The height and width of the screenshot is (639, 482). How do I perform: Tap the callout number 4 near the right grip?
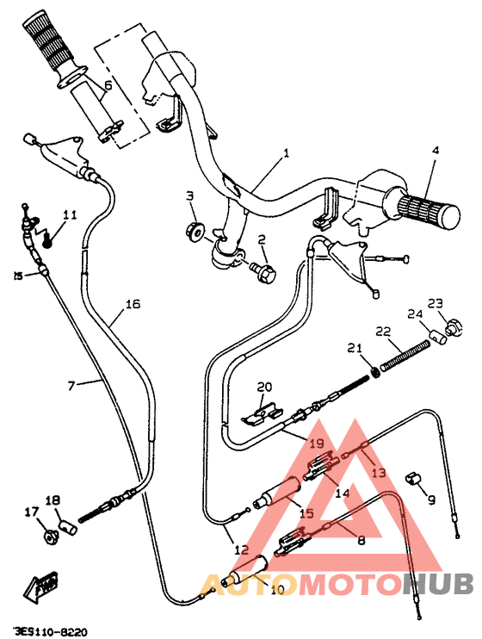tap(435, 150)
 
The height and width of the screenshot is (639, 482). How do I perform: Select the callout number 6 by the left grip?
tap(108, 85)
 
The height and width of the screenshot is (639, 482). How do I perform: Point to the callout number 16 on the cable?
tap(132, 304)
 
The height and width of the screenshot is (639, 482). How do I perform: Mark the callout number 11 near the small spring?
tap(69, 214)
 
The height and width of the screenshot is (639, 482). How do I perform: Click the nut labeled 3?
tap(194, 230)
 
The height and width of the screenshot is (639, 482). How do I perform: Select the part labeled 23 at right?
tap(448, 328)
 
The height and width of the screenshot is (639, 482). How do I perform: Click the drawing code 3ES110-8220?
tap(50, 630)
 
